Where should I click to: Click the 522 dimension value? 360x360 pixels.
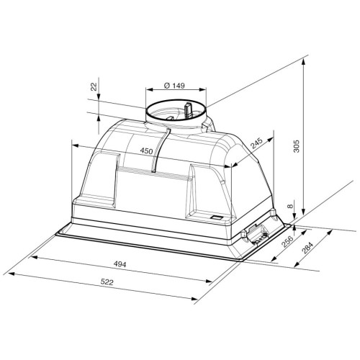(107, 282)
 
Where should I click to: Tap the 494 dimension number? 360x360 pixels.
(120, 264)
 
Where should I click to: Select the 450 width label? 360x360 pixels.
(146, 150)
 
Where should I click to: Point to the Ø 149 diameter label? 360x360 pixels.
(174, 85)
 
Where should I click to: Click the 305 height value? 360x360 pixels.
(297, 146)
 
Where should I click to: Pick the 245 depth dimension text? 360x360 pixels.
(257, 143)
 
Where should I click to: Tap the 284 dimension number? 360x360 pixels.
(307, 248)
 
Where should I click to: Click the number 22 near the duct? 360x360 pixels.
(94, 86)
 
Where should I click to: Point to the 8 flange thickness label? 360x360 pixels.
(290, 206)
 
